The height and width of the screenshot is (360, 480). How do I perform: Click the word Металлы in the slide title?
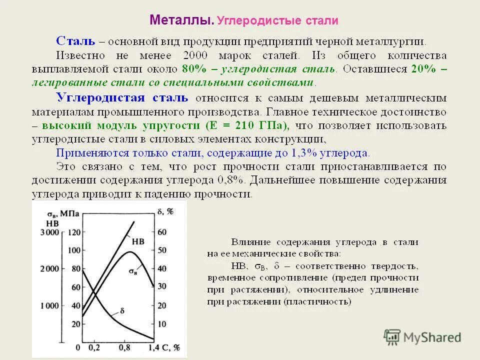181,21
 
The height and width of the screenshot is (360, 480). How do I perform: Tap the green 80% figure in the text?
192,68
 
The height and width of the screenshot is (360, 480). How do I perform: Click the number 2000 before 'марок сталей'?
200,55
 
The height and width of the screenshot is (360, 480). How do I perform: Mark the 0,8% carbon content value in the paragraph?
231,180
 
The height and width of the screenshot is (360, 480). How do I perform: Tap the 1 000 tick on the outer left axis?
49,305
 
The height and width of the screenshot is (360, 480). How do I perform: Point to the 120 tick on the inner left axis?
74,232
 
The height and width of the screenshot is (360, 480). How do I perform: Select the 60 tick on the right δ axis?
162,232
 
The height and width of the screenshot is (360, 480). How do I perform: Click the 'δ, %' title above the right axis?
165,211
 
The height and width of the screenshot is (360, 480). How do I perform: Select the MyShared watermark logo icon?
392,337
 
